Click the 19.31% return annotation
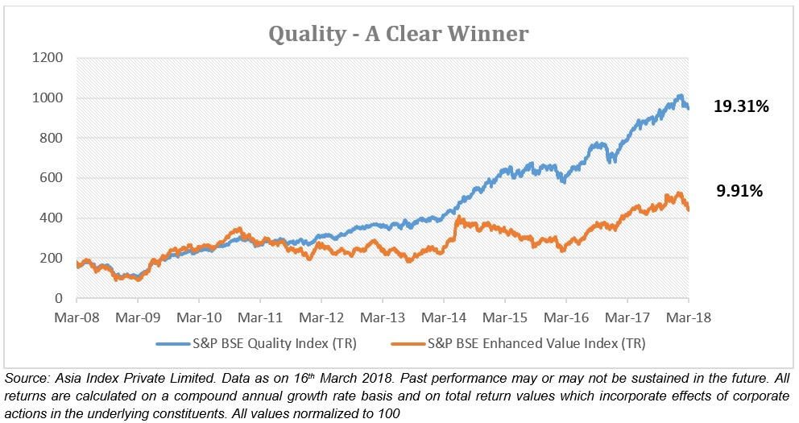pyautogui.click(x=741, y=106)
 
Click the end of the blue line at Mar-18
pyautogui.click(x=687, y=107)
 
